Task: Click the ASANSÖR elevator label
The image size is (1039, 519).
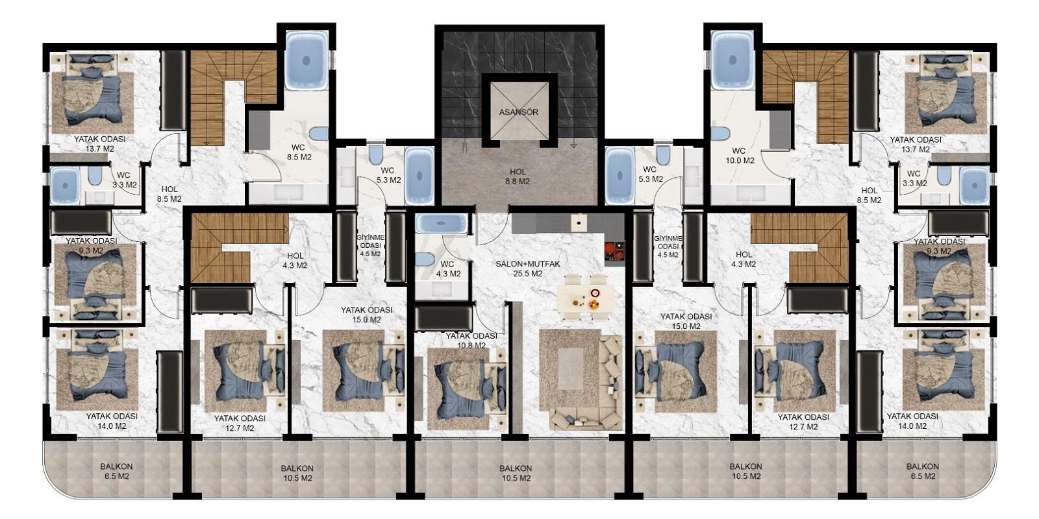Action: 519,112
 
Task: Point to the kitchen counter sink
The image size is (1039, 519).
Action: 579,223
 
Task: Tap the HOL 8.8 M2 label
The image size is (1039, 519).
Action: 518,176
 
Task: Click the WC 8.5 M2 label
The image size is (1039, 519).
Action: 299,152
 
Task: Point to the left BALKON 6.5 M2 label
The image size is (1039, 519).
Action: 116,471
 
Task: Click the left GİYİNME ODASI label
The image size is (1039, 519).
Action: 370,246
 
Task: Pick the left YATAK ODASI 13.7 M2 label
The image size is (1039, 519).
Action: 100,143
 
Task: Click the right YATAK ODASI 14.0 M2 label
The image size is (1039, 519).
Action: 912,421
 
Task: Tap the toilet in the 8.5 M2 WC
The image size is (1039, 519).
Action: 319,134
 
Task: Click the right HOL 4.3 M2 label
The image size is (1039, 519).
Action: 744,259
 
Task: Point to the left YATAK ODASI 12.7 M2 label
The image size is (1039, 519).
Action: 240,423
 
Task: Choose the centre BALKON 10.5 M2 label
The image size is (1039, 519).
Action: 516,473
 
